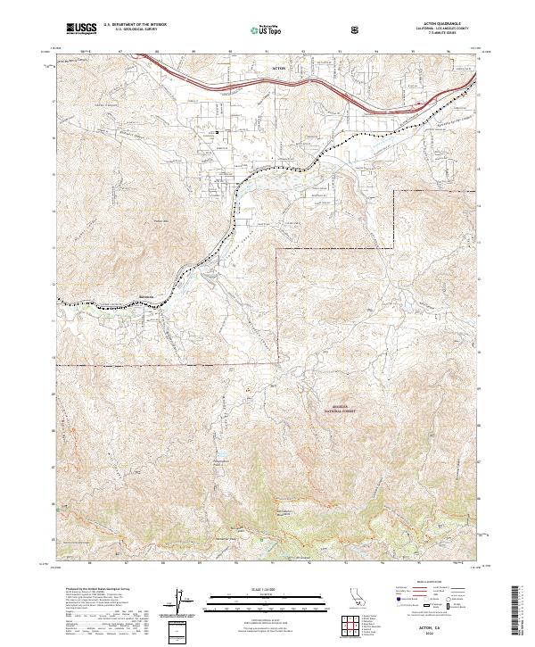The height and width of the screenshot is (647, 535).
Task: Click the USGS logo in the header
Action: [x=81, y=29]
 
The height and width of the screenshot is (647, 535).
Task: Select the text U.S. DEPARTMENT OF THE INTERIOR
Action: [x=135, y=26]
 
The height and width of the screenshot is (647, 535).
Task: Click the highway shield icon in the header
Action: [x=356, y=29]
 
